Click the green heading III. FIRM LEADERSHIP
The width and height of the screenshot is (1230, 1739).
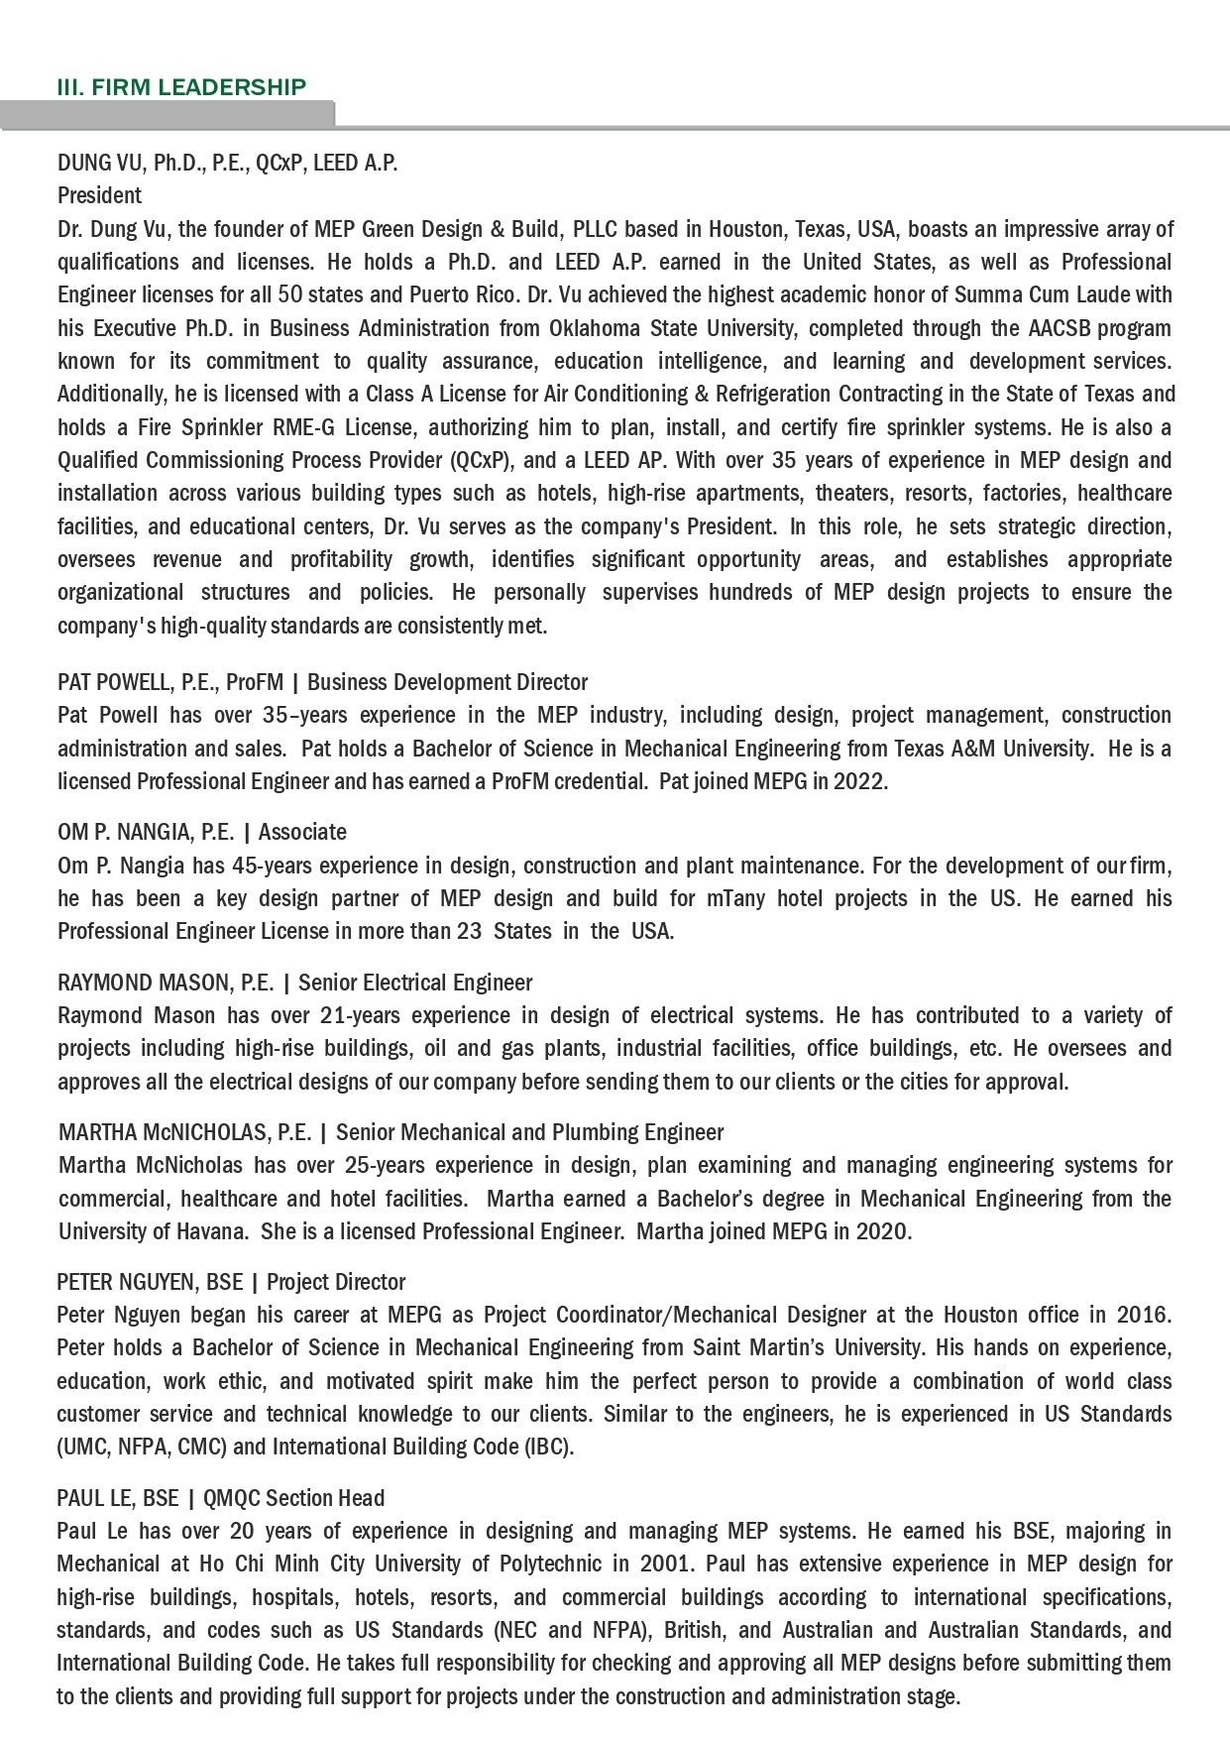coord(181,87)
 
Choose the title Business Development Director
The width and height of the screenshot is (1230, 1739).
coord(447,682)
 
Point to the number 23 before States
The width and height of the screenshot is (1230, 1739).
coord(469,931)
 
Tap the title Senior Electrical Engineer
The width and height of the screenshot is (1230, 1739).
coord(414,983)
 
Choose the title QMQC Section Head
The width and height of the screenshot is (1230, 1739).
coord(293,1498)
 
